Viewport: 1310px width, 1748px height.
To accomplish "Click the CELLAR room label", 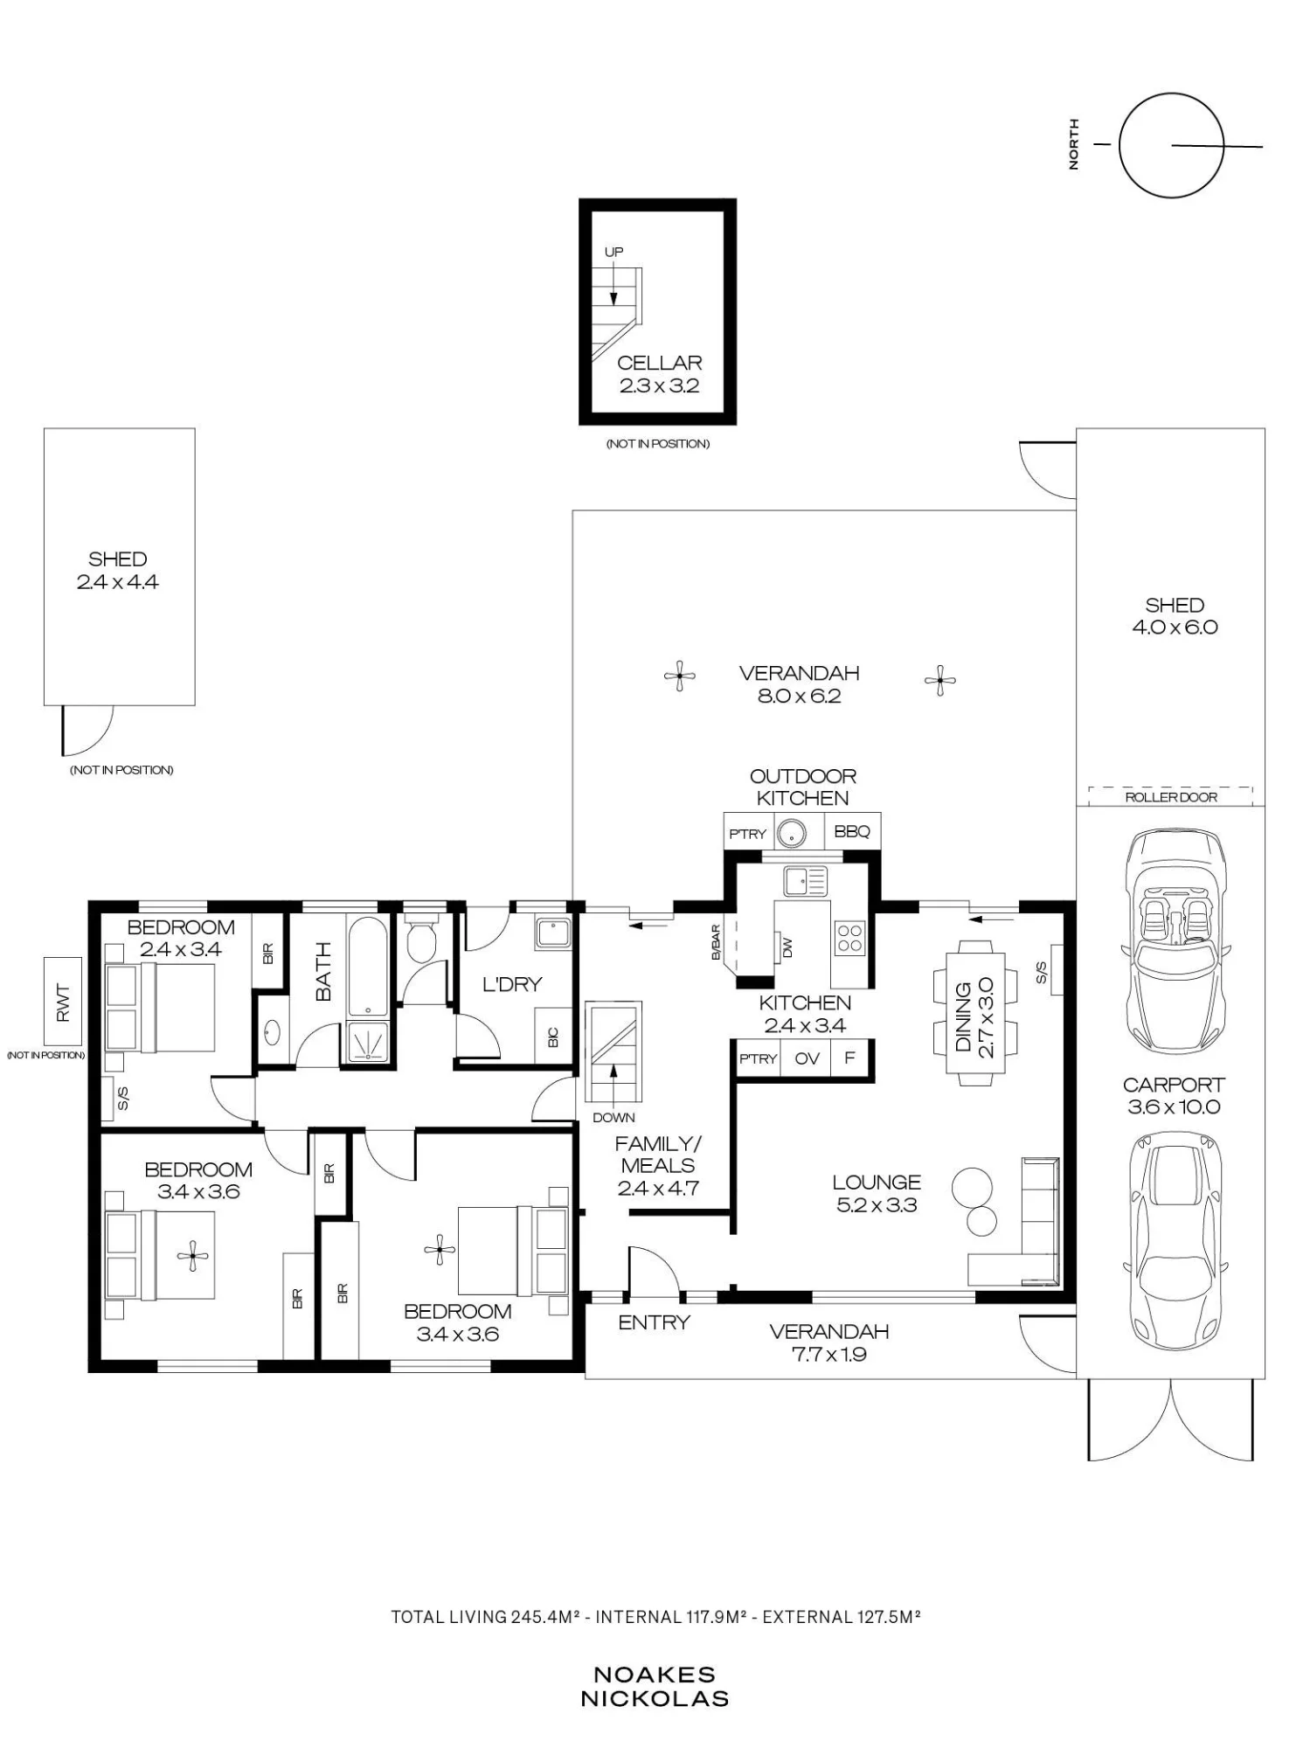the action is tap(660, 363).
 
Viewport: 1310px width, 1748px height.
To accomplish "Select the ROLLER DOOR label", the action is tap(1171, 797).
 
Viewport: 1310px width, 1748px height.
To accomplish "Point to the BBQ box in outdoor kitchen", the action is tap(852, 832).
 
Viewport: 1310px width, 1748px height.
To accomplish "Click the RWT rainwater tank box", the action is tap(63, 1002).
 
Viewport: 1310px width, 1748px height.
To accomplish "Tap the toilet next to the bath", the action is tap(422, 937).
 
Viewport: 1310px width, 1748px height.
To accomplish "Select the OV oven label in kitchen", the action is tap(807, 1058).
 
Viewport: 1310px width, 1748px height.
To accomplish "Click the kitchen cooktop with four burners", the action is tap(850, 939).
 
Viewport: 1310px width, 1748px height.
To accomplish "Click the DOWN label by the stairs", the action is tap(613, 1117).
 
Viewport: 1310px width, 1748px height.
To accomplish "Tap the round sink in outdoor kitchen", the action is tap(792, 832).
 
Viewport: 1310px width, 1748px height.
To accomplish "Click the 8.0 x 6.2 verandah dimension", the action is tap(799, 697).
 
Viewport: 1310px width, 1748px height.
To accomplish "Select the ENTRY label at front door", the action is tap(654, 1323).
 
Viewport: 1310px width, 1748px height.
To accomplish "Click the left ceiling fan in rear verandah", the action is tap(679, 676).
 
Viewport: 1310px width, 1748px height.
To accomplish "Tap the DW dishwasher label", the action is tap(787, 946).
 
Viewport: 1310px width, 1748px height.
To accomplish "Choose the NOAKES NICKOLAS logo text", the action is tap(655, 1687).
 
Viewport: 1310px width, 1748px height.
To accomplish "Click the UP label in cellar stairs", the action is tap(613, 252).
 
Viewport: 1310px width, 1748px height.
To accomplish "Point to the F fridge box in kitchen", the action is tap(849, 1058).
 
